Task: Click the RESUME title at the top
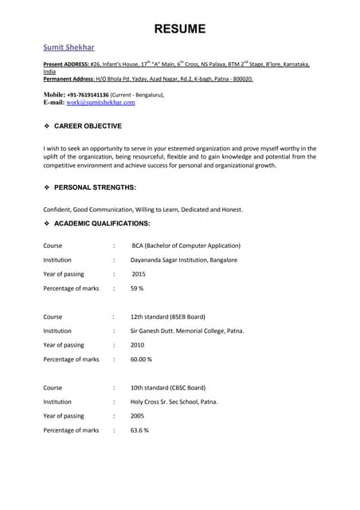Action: click(x=179, y=29)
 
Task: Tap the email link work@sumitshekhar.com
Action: click(x=100, y=103)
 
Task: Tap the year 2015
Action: click(x=139, y=274)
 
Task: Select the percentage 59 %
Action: click(x=137, y=288)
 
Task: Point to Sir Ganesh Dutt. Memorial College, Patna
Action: click(x=187, y=331)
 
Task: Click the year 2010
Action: click(x=138, y=345)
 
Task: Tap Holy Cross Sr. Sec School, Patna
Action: click(x=174, y=402)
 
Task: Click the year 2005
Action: click(x=138, y=416)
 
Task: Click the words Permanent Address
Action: click(x=69, y=80)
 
